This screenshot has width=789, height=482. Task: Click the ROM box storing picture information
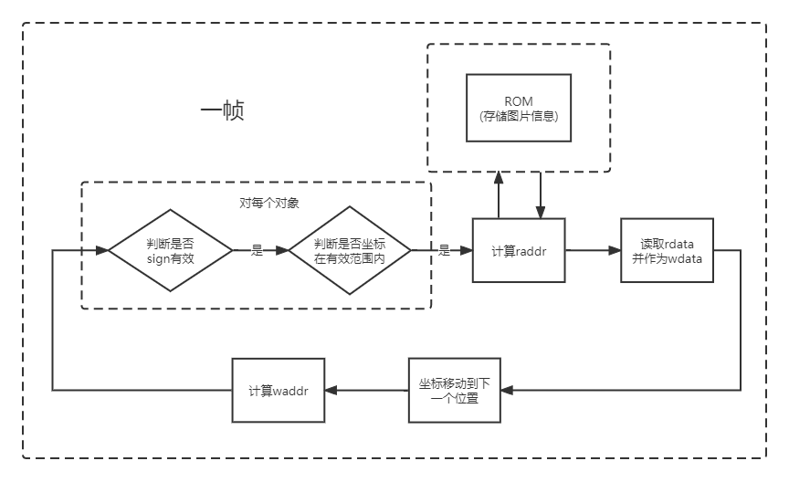pos(519,107)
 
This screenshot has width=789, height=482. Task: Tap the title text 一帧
pos(222,111)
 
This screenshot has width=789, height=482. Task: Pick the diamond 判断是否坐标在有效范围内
pos(350,250)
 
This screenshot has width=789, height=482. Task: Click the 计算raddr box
pos(518,250)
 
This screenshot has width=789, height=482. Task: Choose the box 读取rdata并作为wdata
pos(666,250)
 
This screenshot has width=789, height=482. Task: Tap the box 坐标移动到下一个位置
pos(455,390)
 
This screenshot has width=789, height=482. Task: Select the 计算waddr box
pos(279,390)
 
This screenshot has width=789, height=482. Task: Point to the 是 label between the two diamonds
pos(257,250)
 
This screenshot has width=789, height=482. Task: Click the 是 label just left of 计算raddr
pos(445,250)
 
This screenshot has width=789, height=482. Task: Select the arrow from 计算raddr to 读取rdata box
pos(592,250)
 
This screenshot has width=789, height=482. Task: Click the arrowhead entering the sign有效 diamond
pos(102,250)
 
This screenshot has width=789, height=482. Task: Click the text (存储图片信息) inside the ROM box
pos(519,116)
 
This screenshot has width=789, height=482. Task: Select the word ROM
pos(519,100)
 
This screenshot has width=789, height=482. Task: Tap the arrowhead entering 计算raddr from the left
pos(467,250)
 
